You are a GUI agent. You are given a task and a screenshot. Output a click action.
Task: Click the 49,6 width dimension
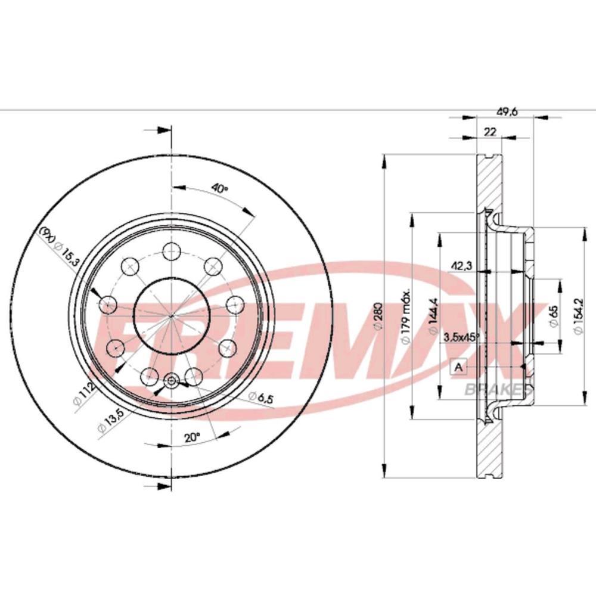[506, 110]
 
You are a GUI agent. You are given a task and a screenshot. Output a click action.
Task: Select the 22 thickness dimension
[490, 132]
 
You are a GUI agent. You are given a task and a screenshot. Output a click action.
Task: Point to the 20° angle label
[191, 438]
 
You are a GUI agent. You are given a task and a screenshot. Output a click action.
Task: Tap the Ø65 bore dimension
[554, 313]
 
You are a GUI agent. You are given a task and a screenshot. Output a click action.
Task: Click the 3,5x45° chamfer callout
[462, 337]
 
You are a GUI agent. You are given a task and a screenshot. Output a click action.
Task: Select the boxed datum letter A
[458, 367]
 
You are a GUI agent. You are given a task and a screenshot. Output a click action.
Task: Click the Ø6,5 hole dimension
[261, 397]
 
